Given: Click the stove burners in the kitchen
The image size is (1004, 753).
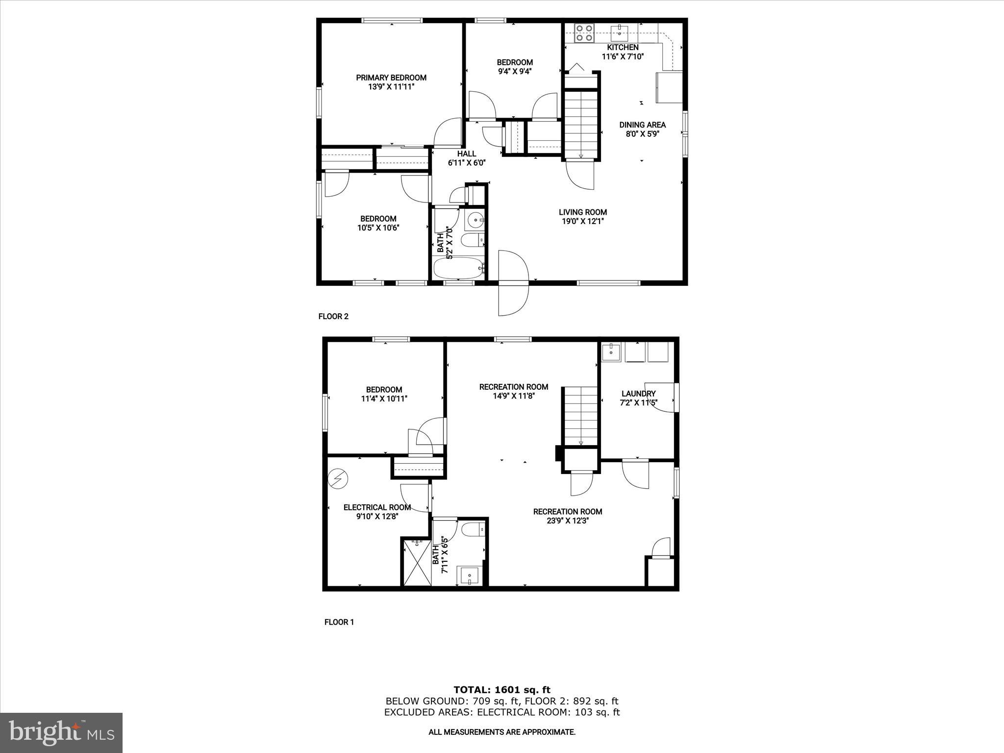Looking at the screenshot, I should tap(584, 33).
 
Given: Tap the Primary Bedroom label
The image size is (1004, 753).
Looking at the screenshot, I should tap(391, 77).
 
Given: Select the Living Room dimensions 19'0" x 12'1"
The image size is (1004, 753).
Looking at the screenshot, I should tap(583, 221).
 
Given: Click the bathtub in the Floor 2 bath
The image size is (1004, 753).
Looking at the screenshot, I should tap(459, 268).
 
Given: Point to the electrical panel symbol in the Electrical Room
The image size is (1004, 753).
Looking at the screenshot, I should tap(338, 478).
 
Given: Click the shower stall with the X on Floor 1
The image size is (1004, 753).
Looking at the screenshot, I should tap(417, 562).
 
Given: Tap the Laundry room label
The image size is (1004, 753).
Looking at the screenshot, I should tap(638, 394).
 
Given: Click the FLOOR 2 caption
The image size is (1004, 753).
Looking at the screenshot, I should tap(333, 316).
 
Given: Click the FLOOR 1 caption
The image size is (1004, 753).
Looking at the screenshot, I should tap(339, 622).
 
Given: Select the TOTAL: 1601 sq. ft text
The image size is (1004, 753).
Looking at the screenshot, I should tap(502, 690).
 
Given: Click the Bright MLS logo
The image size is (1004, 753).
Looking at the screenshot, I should tap(61, 732).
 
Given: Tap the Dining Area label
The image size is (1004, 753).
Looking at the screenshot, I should tap(642, 125).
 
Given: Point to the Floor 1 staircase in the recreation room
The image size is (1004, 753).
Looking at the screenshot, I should tap(580, 416).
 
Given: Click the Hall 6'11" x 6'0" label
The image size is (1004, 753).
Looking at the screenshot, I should tap(467, 158).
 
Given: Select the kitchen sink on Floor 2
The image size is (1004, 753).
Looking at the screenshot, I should tap(620, 33).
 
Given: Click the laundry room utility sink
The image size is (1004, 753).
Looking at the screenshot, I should tap(611, 352).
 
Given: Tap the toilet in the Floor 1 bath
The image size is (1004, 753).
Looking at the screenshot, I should tap(474, 529).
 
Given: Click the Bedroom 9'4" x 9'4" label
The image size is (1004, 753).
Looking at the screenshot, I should tap(515, 67).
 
